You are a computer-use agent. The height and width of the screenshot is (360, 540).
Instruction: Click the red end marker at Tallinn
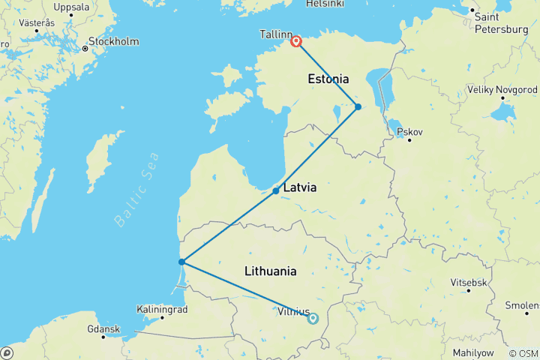click(x=296, y=42)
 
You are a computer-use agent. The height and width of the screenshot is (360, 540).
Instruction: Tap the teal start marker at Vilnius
click(x=313, y=318)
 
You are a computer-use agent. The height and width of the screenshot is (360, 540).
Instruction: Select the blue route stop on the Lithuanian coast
click(x=182, y=262)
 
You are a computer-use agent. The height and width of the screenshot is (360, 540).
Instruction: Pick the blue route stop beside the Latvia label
click(x=276, y=190)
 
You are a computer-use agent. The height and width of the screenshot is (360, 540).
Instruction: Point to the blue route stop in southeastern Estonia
click(x=358, y=106)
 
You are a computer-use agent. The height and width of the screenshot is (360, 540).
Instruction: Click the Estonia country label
click(x=328, y=79)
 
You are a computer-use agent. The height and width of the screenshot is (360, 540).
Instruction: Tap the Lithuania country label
click(x=270, y=271)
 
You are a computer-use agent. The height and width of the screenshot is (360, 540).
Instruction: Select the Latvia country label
click(x=300, y=188)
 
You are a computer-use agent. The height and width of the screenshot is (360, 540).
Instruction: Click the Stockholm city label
click(x=112, y=42)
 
